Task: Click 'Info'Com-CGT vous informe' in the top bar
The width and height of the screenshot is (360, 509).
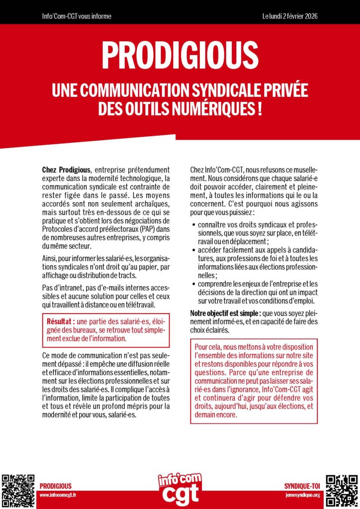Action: click(77, 16)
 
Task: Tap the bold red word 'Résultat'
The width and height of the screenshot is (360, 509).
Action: click(60, 321)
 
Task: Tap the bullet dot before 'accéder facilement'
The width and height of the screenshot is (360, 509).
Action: click(193, 250)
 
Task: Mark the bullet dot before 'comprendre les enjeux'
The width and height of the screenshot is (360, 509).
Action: click(193, 283)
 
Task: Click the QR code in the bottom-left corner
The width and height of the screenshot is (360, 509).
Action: click(17, 490)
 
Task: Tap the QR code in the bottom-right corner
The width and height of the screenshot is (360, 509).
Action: click(342, 490)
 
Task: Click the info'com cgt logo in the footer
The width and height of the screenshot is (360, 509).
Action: click(180, 488)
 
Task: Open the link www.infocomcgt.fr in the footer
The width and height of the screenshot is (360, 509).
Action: click(57, 495)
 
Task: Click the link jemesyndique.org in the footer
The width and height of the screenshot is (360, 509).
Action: click(303, 495)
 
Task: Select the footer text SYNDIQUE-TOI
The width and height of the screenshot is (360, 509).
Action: click(302, 486)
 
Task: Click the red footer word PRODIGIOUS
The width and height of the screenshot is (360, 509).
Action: click(55, 486)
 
